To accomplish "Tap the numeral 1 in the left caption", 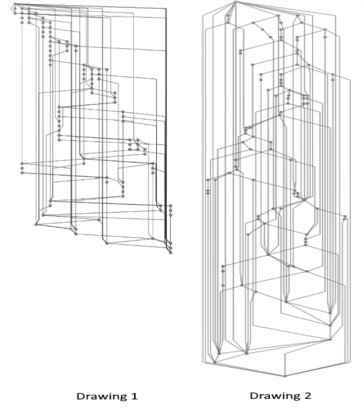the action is (x=134, y=396).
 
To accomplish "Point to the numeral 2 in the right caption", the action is (x=308, y=395).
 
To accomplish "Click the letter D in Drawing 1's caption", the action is (x=80, y=396).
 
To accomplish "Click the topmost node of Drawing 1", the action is (x=15, y=4).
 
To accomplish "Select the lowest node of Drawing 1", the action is (x=171, y=253).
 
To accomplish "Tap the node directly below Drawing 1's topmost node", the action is (x=15, y=8).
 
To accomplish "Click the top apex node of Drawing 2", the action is (x=235, y=2).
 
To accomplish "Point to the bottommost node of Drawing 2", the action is (x=285, y=376).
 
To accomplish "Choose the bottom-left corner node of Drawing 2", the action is (x=215, y=362).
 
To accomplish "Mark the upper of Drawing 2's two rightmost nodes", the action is (x=345, y=216).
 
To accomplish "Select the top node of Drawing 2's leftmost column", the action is (x=208, y=180).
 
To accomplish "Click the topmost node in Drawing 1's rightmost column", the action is (x=171, y=206).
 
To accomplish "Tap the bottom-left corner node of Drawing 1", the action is (x=36, y=224).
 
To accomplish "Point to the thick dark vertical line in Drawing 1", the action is (x=166, y=127).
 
